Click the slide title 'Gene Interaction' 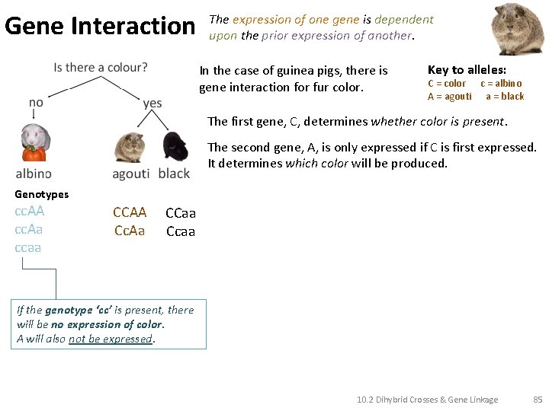click(x=100, y=27)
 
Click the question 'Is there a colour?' click(x=101, y=68)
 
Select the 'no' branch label click(x=36, y=103)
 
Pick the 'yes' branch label click(x=152, y=103)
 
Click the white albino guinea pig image click(x=34, y=142)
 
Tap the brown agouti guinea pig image click(x=129, y=147)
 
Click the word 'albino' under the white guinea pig click(x=34, y=174)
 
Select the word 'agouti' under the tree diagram click(x=130, y=174)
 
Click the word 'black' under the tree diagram click(x=174, y=174)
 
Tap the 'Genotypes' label click(x=41, y=194)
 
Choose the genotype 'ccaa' click(x=27, y=247)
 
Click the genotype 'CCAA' click(x=130, y=212)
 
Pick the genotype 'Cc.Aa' click(x=130, y=231)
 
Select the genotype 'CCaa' click(x=181, y=213)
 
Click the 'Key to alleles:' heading click(x=467, y=69)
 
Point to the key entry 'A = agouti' click(x=450, y=96)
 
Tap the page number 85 click(x=538, y=399)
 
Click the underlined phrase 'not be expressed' click(x=111, y=339)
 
